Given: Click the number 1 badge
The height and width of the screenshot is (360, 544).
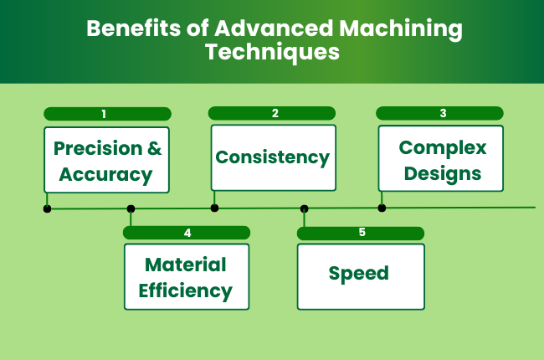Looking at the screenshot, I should tap(107, 113).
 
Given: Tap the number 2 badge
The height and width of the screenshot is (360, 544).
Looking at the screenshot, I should tap(272, 112).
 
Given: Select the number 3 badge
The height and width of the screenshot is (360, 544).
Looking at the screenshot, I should tap(439, 112).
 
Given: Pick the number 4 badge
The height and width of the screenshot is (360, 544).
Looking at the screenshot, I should tap(187, 233).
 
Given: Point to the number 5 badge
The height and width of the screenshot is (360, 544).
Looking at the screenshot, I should tap(361, 232).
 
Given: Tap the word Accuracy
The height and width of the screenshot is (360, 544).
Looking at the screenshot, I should tap(106, 174).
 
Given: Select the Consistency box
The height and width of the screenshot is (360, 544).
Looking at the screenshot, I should tap(273, 157).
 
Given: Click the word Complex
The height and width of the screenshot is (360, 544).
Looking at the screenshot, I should tap(442, 147).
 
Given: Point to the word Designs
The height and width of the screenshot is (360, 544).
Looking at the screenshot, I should tap(440, 173).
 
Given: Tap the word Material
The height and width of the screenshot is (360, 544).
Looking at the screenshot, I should tap(186, 265).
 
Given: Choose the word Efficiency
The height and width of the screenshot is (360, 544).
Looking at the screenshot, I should tap(186, 291).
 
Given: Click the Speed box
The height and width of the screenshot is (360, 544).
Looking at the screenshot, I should tap(360, 275).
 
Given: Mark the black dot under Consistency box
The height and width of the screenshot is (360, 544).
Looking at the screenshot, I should tap(214, 208).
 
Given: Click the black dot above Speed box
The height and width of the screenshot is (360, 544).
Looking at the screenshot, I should tap(304, 208).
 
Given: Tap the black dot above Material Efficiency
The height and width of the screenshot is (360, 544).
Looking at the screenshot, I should tap(131, 208).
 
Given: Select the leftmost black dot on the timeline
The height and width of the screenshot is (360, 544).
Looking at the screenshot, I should tap(47, 208).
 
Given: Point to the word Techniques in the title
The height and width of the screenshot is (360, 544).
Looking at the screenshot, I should tap(272, 52).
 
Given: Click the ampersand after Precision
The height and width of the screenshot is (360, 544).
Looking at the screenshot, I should tap(154, 148).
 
